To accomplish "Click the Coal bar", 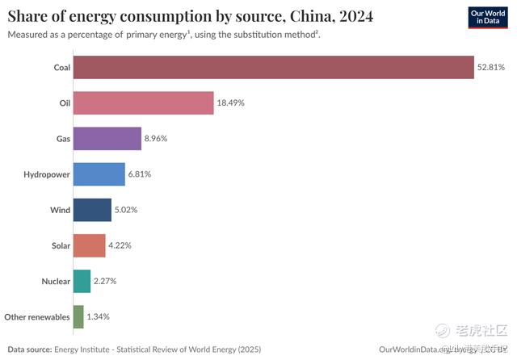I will pyautogui.click(x=273, y=67).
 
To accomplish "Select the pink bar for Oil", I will pyautogui.click(x=143, y=103).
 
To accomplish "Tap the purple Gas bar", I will pyautogui.click(x=107, y=139).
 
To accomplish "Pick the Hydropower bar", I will pyautogui.click(x=99, y=174).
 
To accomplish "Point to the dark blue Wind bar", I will pyautogui.click(x=92, y=210).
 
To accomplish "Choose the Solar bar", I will pyautogui.click(x=89, y=245).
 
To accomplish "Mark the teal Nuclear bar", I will pyautogui.click(x=82, y=281).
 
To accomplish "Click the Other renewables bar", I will pyautogui.click(x=78, y=316).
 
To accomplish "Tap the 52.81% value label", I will pyautogui.click(x=491, y=67).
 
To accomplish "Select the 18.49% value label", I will pyautogui.click(x=231, y=103).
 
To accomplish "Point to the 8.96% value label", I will pyautogui.click(x=158, y=139).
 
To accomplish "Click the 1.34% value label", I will pyautogui.click(x=98, y=316).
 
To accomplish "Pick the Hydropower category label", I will pyautogui.click(x=46, y=174).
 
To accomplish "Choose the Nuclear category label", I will pyautogui.click(x=55, y=281).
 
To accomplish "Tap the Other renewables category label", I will pyautogui.click(x=36, y=316).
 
